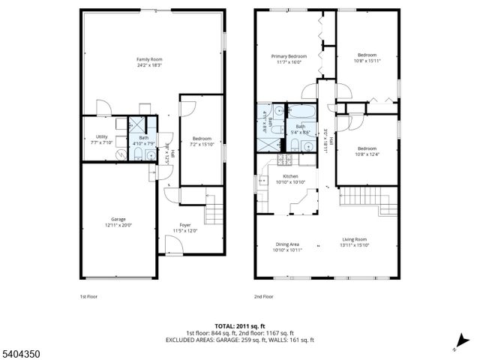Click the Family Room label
pyautogui.click(x=149, y=59)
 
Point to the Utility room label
pyautogui.click(x=102, y=136)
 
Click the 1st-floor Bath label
pyautogui.click(x=142, y=137)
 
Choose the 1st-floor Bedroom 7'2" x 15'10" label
pyautogui.click(x=202, y=138)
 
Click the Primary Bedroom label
pyautogui.click(x=288, y=55)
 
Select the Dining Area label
pyautogui.click(x=288, y=244)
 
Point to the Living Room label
pyautogui.click(x=355, y=240)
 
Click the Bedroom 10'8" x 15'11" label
pyautogui.click(x=367, y=55)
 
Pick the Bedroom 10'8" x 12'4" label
pyautogui.click(x=367, y=148)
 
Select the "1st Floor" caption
pyautogui.click(x=88, y=296)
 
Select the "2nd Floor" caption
pyautogui.click(x=262, y=296)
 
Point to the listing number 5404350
pyautogui.click(x=20, y=351)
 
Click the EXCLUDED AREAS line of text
pyautogui.click(x=240, y=340)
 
